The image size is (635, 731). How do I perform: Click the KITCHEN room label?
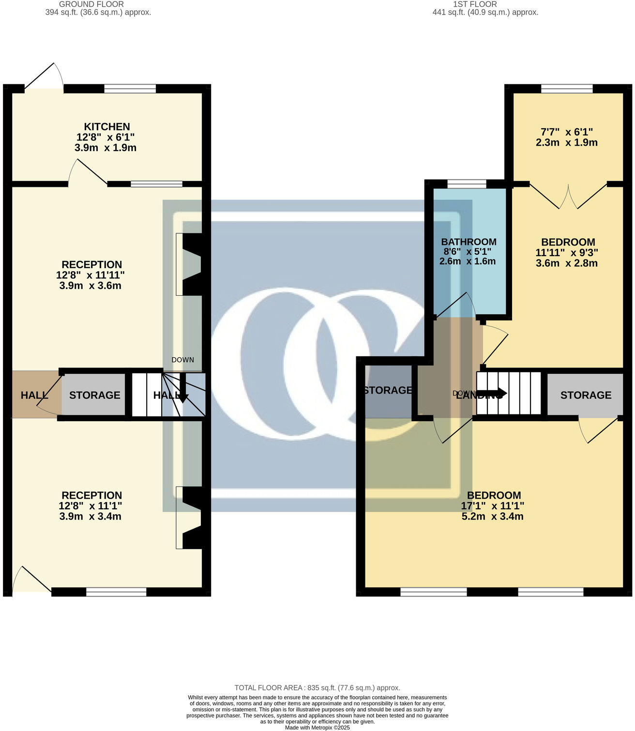pos(107,127)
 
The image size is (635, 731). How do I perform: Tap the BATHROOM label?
pos(469,242)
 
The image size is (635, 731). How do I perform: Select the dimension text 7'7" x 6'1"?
pos(566,132)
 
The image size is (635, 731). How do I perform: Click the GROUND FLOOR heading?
pos(91,4)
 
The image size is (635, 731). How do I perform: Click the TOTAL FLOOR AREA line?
pos(317,687)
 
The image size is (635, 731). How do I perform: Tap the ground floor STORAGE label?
pos(94,395)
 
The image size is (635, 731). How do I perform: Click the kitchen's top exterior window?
pos(130,89)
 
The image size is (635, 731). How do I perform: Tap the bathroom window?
pos(467,184)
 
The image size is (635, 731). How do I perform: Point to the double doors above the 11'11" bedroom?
pos(569,196)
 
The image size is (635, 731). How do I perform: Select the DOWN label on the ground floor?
pos(182,360)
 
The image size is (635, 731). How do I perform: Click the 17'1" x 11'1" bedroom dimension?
pos(492,506)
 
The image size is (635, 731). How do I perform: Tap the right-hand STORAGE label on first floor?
pos(586,395)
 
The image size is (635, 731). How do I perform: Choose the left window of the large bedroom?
pos(434,592)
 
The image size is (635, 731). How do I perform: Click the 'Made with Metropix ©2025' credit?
pos(317,727)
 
